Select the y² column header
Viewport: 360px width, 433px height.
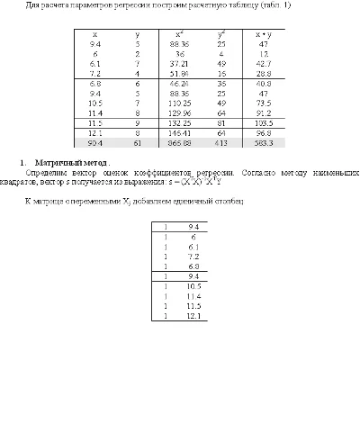(221, 33)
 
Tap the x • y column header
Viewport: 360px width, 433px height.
(265, 33)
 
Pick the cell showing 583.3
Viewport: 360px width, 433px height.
(265, 142)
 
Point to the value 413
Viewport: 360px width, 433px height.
(221, 142)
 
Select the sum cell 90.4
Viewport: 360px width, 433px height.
(94, 142)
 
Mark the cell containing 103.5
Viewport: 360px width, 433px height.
(265, 122)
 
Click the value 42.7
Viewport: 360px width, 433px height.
(265, 63)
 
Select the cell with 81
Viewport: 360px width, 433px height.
(221, 122)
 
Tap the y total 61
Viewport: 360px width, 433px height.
(138, 142)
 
